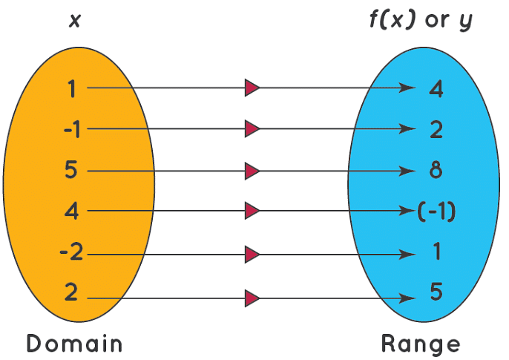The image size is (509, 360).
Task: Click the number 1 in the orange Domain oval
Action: tap(71, 89)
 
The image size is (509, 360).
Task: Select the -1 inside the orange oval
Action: tap(72, 130)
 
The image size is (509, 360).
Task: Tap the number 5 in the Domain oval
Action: tap(71, 171)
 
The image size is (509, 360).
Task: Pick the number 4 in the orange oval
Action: tap(71, 212)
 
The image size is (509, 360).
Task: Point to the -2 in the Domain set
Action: tap(72, 254)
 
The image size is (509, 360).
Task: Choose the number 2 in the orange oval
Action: tap(71, 293)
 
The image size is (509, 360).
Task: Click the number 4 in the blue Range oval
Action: tap(436, 89)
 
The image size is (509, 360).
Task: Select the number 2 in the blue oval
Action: tap(436, 130)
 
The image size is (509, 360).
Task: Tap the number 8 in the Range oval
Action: tap(436, 171)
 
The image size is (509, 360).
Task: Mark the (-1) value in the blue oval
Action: tap(436, 212)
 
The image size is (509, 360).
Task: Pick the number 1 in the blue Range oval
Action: tap(436, 252)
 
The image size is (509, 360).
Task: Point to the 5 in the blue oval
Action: tap(436, 292)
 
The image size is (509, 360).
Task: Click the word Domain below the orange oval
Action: tap(74, 344)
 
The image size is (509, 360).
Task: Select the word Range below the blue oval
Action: tap(421, 344)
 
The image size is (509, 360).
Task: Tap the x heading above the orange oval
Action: tap(74, 21)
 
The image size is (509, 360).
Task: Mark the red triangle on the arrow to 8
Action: tap(252, 171)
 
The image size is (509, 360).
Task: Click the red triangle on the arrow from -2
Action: tap(252, 255)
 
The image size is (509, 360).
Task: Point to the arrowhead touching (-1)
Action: tap(410, 212)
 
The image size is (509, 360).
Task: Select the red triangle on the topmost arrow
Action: tap(252, 88)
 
